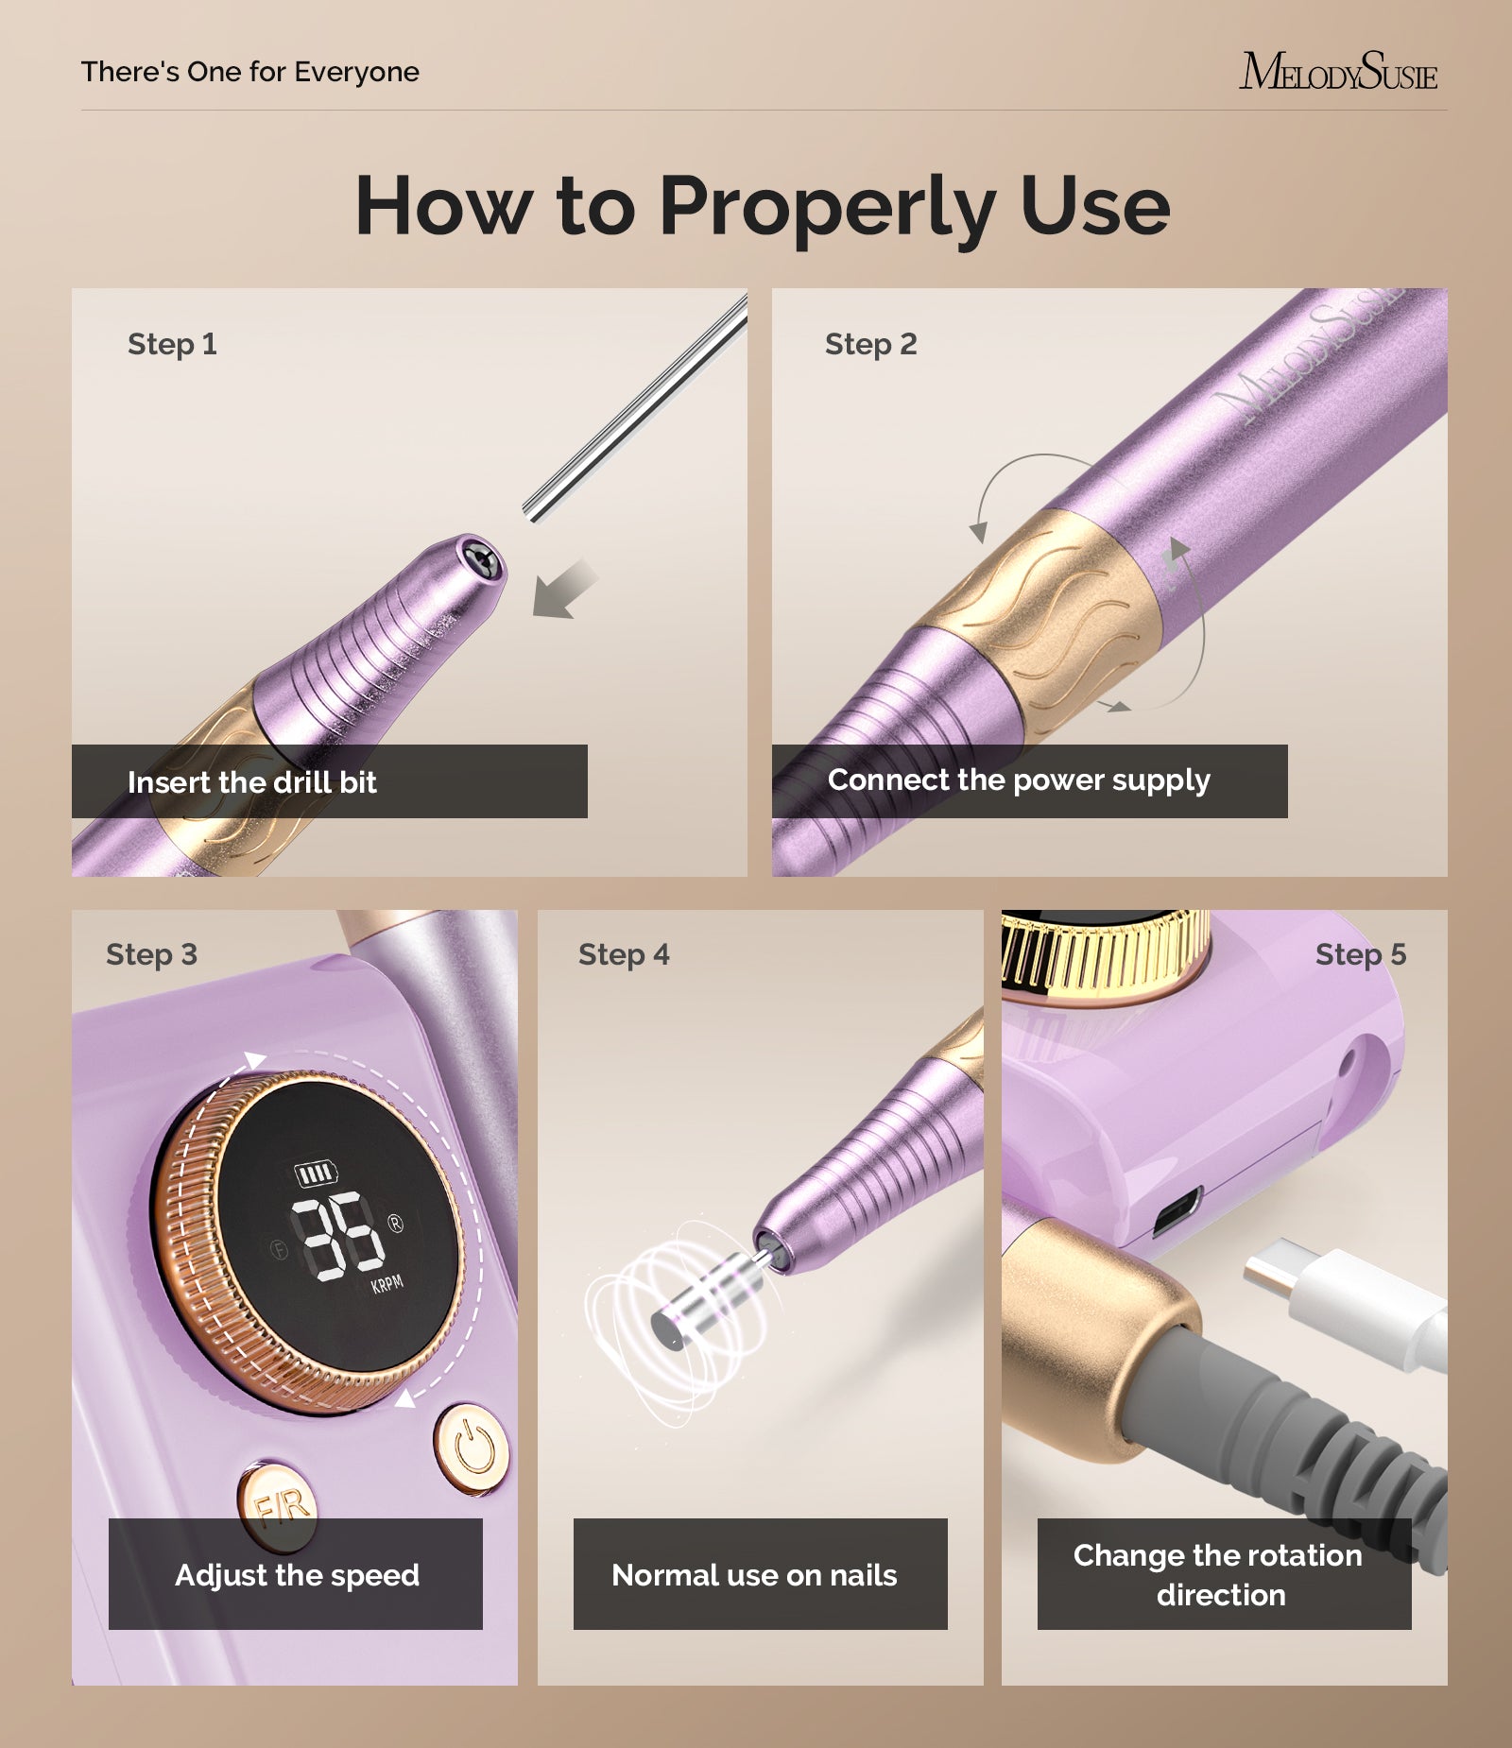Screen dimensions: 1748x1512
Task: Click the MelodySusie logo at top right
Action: pos(1337,73)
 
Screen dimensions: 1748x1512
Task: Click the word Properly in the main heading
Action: pos(827,207)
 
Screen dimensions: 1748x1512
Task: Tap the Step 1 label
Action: pos(172,344)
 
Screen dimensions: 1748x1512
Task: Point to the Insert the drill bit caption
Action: pos(252,782)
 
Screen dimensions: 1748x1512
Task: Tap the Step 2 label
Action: pos(870,344)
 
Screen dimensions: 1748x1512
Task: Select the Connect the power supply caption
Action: pos(1019,780)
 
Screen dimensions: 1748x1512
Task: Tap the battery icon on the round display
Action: pos(315,1174)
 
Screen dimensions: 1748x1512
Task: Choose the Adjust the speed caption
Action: pos(297,1575)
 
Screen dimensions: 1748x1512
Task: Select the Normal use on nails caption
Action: pos(754,1575)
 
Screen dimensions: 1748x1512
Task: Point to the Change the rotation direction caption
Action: pos(1219,1575)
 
